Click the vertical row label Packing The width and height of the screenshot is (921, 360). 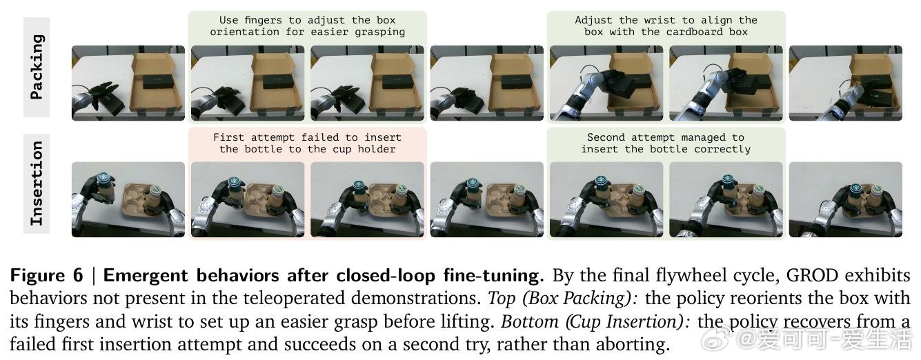(37, 67)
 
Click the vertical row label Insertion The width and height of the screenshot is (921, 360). (37, 183)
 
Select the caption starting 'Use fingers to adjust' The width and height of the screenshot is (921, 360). (307, 26)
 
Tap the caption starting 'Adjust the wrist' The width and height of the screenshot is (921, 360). (666, 26)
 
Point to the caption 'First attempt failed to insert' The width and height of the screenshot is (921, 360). (307, 143)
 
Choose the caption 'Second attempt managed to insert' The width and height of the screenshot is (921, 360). (666, 143)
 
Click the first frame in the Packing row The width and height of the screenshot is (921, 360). (128, 83)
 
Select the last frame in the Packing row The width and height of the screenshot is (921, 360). (845, 83)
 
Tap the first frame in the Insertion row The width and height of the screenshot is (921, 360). (128, 199)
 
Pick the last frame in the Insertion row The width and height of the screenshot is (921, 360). (845, 199)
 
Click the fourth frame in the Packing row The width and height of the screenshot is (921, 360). (487, 83)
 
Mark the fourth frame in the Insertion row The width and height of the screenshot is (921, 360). (487, 199)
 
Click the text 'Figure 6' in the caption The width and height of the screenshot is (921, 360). (46, 275)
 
